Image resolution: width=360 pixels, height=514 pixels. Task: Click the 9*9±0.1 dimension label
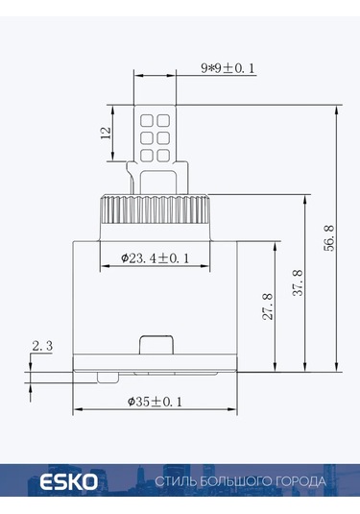228,68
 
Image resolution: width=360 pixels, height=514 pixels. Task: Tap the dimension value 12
106,134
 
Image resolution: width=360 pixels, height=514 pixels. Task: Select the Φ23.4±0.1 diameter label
155,258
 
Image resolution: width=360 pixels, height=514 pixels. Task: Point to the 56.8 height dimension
329,238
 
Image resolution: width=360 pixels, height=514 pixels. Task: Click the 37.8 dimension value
298,283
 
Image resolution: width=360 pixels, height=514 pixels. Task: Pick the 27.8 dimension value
268,306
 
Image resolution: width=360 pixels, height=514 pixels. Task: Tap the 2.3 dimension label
42,346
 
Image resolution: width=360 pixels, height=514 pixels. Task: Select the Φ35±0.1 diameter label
155,402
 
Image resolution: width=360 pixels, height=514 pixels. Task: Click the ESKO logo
68,482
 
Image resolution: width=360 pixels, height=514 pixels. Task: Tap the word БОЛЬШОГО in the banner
231,481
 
